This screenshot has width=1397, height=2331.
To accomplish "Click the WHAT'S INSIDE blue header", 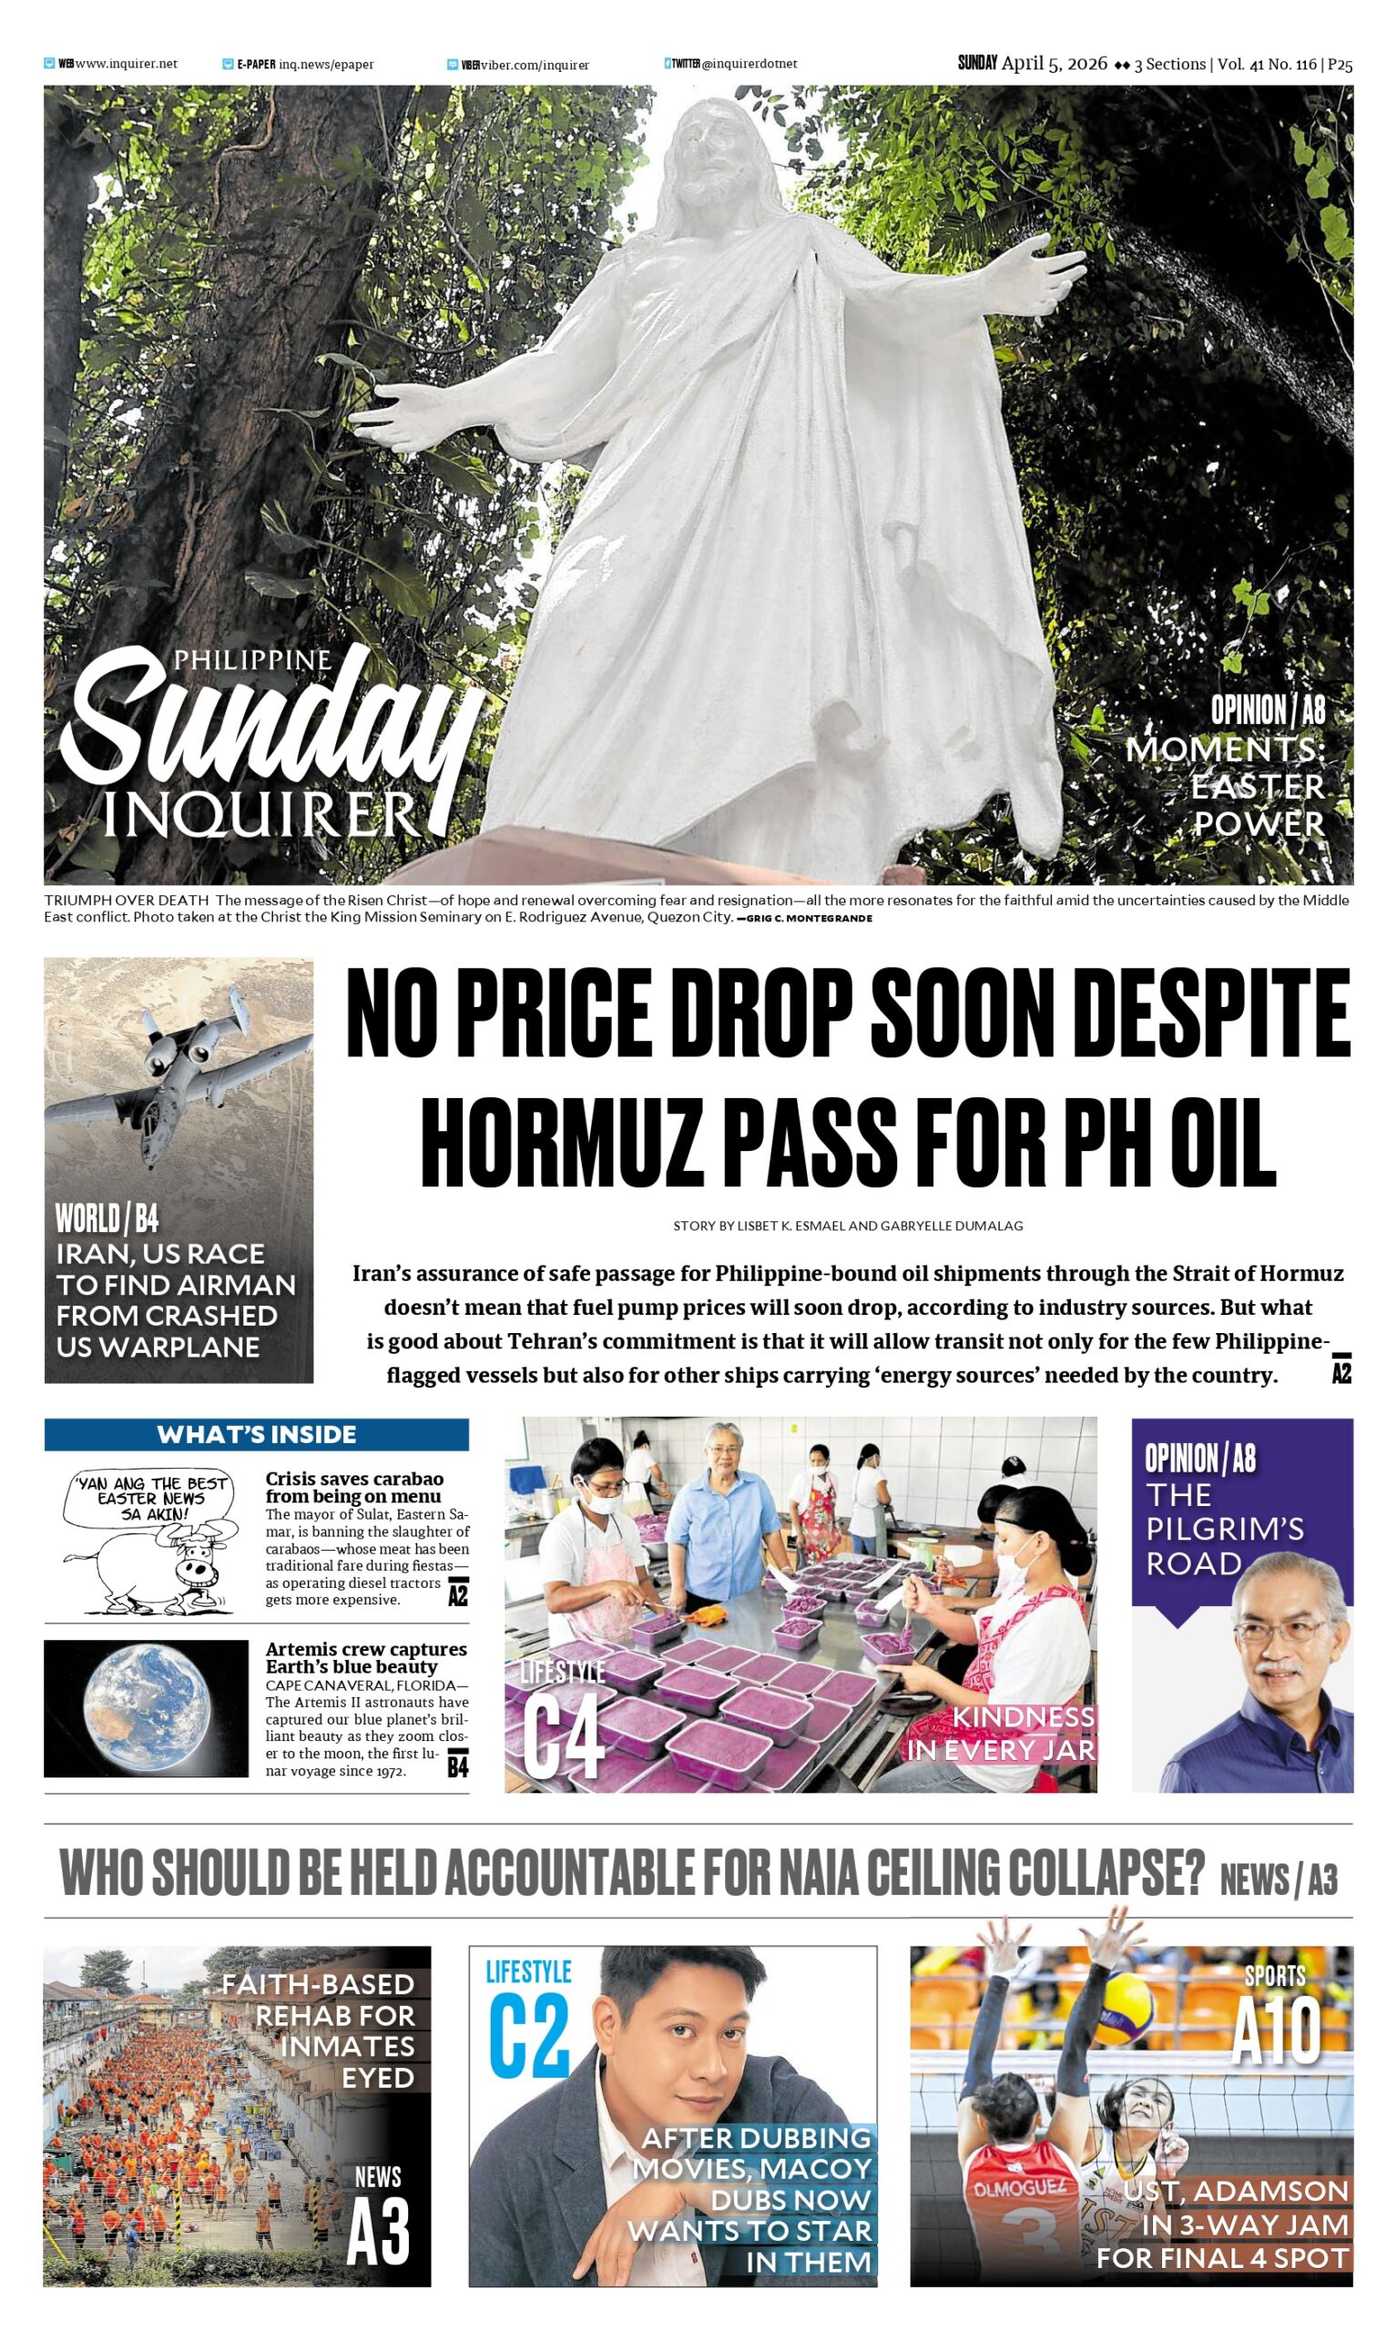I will pyautogui.click(x=256, y=1434).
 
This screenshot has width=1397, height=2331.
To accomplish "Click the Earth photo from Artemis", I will pyautogui.click(x=146, y=1707).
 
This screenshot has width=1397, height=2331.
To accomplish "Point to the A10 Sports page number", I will pyautogui.click(x=1277, y=2032).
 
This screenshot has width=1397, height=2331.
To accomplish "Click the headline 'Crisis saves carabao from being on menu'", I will pyautogui.click(x=354, y=1487).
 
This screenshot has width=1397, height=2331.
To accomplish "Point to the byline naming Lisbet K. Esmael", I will pyautogui.click(x=847, y=1227).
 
